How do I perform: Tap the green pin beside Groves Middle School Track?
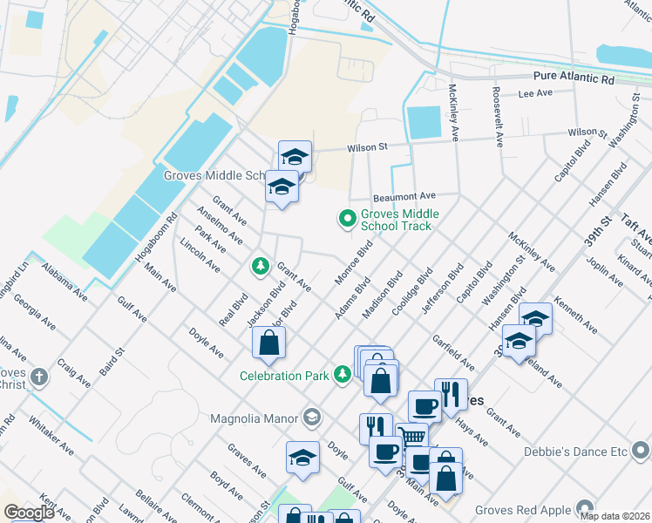tap(347, 218)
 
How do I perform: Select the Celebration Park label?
tap(285, 376)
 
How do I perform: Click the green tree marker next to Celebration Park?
tap(343, 375)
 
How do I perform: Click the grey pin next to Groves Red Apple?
tap(582, 509)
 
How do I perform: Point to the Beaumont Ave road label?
tap(404, 197)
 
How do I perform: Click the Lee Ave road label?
tap(536, 93)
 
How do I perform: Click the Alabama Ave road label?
tap(65, 278)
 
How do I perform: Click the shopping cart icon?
tap(411, 436)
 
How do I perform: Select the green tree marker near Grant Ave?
tap(259, 266)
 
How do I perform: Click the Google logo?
tap(29, 513)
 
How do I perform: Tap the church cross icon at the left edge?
tap(37, 377)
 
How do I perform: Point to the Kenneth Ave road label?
tap(576, 316)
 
